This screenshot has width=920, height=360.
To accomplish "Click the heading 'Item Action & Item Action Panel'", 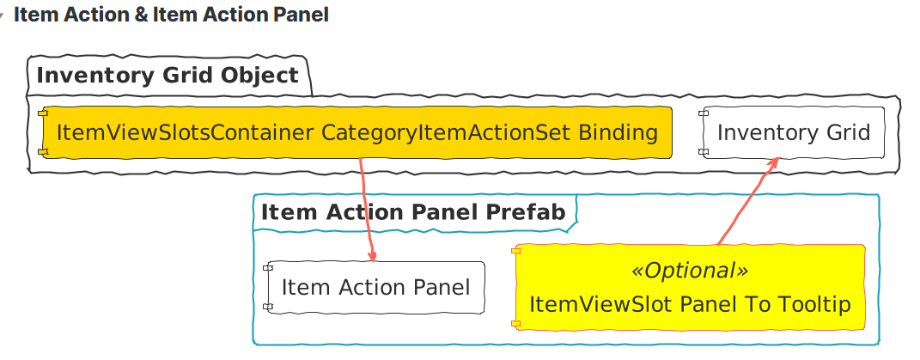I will click(x=171, y=15).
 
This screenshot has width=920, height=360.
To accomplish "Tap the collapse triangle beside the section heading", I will click(x=3, y=16).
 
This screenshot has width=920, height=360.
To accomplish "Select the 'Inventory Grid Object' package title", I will click(x=168, y=76).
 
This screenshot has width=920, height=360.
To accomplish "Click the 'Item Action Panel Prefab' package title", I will click(x=413, y=212).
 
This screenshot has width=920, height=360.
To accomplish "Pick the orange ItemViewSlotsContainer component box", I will click(x=356, y=133).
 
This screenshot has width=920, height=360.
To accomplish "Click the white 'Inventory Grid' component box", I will click(x=793, y=133).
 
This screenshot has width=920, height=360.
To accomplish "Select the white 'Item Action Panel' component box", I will click(x=375, y=287).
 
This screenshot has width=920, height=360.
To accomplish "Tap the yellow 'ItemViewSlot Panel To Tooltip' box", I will click(x=690, y=288).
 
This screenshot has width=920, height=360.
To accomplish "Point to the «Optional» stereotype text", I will click(x=690, y=271).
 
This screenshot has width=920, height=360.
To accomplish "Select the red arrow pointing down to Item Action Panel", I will click(x=367, y=206).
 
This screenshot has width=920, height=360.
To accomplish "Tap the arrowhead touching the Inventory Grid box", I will click(x=774, y=162).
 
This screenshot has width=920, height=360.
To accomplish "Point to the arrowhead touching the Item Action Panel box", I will click(x=373, y=255).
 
